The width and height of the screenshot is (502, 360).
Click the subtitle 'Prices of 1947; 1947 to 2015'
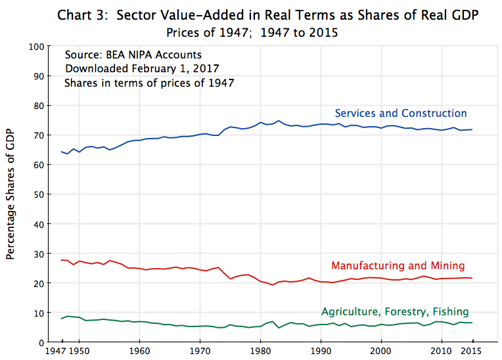tap(252, 32)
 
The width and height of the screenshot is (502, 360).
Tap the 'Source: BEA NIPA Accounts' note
tap(133, 55)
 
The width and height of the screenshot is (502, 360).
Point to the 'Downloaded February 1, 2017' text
tap(142, 68)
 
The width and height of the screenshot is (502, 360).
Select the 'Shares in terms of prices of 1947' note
tap(149, 83)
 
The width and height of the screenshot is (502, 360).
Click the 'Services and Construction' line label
tap(401, 113)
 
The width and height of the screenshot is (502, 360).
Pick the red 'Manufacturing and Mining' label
tap(398, 266)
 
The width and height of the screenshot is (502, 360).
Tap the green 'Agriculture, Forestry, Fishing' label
tap(395, 311)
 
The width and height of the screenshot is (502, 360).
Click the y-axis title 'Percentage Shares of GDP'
tap(11, 194)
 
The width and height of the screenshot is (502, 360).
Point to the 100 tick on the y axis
tap(36, 47)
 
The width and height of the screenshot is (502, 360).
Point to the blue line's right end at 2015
tap(472, 129)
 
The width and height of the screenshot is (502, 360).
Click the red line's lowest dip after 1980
tap(273, 285)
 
